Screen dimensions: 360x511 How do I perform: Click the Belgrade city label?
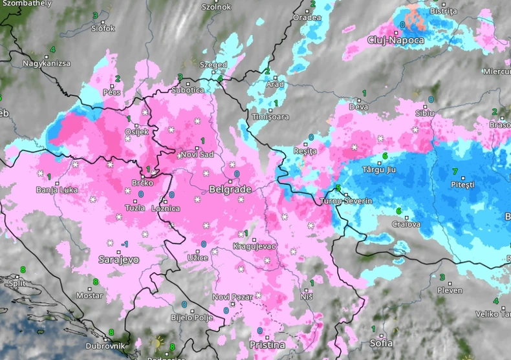[230, 190]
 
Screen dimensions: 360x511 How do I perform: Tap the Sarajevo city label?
[118, 259]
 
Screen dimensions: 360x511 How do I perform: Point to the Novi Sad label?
[197, 154]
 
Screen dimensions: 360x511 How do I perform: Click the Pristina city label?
[267, 345]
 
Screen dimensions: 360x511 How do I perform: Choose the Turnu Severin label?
[346, 201]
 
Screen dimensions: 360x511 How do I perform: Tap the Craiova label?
[406, 224]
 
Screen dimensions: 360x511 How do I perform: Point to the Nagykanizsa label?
[47, 63]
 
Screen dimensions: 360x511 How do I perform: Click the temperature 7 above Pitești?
[455, 171]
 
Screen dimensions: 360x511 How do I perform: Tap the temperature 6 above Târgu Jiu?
[385, 156]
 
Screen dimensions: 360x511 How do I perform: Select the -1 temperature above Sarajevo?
[124, 244]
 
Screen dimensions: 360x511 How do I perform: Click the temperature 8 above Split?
[23, 270]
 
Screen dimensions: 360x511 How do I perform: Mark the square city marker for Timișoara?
[270, 111]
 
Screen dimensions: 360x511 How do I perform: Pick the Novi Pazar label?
[230, 297]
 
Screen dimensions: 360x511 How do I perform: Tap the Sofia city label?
[382, 343]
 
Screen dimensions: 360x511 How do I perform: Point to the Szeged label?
[213, 65]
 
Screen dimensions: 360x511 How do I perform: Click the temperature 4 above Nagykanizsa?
[52, 50]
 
